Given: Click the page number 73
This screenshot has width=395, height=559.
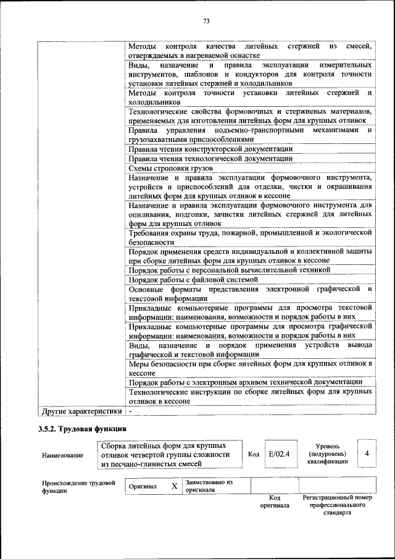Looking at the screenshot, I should click(206, 22).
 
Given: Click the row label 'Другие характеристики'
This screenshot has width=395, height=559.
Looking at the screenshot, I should click(81, 410).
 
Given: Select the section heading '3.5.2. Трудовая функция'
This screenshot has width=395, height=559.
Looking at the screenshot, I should click(82, 428).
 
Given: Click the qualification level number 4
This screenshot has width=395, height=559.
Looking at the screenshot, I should click(367, 453).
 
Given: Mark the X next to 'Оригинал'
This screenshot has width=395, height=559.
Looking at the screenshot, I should click(174, 486).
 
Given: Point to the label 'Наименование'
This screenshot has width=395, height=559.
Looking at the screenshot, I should click(62, 455).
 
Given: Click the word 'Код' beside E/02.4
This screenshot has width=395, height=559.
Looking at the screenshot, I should click(253, 454).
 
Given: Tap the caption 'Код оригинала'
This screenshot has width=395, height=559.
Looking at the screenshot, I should click(274, 501).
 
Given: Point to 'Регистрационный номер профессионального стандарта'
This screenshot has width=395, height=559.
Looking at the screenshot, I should click(337, 505).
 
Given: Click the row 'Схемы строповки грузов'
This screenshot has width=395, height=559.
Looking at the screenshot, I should click(170, 168).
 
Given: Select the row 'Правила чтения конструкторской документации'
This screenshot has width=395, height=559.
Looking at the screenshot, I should click(210, 149).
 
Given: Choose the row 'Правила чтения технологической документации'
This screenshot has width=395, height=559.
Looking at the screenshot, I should click(210, 158).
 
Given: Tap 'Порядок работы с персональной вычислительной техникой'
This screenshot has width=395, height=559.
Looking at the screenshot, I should click(229, 270).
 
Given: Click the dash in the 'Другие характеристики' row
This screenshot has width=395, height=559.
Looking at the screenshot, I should click(131, 410).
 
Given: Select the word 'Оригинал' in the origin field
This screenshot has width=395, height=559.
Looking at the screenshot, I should click(143, 486).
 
